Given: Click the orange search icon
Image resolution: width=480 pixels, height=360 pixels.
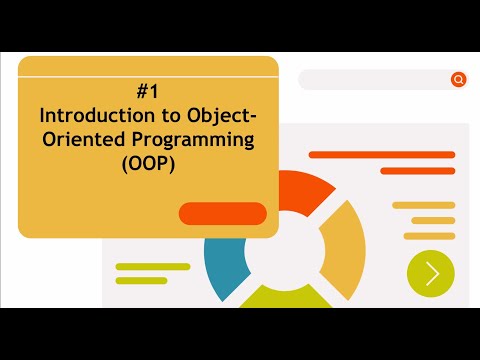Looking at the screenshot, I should [458, 80].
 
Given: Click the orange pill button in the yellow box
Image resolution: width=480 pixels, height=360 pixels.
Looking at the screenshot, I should [222, 213].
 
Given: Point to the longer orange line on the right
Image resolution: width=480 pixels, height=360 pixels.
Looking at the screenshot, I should [382, 155].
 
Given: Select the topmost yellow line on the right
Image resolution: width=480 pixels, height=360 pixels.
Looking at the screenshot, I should [424, 205].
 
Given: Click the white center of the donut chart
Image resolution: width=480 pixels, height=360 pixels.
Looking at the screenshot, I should [279, 250].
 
